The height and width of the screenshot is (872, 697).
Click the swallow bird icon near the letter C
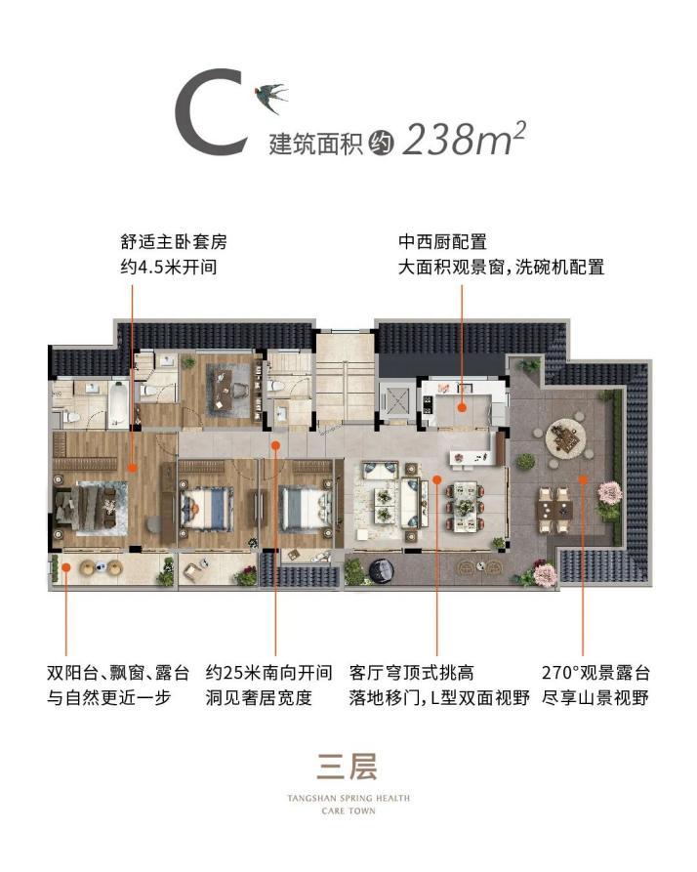pyautogui.click(x=270, y=94)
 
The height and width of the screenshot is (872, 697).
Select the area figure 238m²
pyautogui.click(x=464, y=140)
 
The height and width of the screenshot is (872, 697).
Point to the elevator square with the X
pyautogui.click(x=399, y=400)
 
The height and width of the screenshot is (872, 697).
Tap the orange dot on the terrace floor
pyautogui.click(x=583, y=478)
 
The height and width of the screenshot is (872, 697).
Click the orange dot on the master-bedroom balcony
pyautogui.click(x=65, y=564)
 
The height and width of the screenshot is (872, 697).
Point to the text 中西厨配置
pyautogui.click(x=442, y=241)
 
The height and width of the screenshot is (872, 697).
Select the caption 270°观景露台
pyautogui.click(x=594, y=673)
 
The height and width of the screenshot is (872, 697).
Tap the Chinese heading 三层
pyautogui.click(x=348, y=764)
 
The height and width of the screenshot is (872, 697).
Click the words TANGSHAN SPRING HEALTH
pyautogui.click(x=348, y=798)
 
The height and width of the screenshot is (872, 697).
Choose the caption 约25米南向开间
pyautogui.click(x=265, y=673)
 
